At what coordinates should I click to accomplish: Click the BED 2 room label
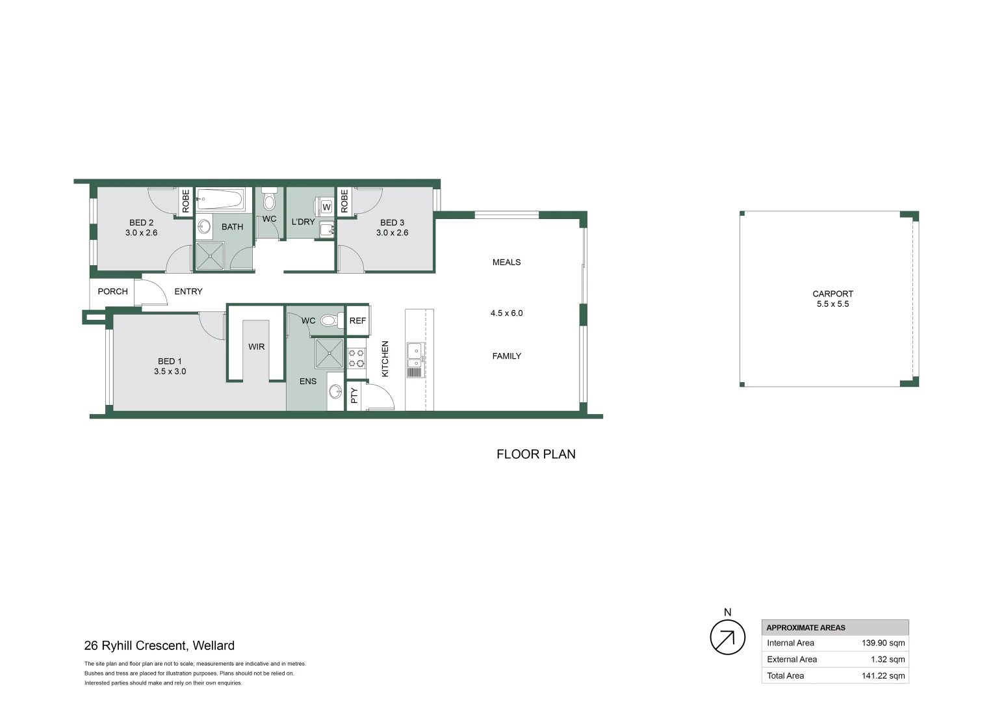tap(141, 222)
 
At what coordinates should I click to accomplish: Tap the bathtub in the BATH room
tap(220, 199)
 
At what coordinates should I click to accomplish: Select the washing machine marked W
tap(326, 207)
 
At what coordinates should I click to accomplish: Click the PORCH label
tap(112, 291)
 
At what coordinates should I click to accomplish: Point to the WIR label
tap(256, 346)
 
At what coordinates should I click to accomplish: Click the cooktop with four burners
tap(356, 358)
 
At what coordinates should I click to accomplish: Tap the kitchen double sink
tap(414, 352)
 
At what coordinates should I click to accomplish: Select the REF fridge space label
tap(357, 320)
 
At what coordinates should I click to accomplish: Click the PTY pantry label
tap(354, 395)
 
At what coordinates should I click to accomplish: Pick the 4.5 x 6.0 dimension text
tap(506, 313)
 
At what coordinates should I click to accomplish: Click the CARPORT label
tap(832, 294)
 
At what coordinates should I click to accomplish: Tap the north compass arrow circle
tap(727, 637)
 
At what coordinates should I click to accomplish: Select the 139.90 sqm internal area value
tap(883, 643)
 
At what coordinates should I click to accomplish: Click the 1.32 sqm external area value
tap(887, 659)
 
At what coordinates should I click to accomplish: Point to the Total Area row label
tap(785, 675)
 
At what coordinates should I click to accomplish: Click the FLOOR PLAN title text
tap(535, 454)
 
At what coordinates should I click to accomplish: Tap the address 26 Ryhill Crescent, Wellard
tap(159, 645)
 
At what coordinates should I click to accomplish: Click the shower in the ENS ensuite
tap(329, 354)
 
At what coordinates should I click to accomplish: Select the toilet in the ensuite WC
tap(329, 320)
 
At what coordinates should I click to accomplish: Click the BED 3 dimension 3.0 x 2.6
tap(392, 233)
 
